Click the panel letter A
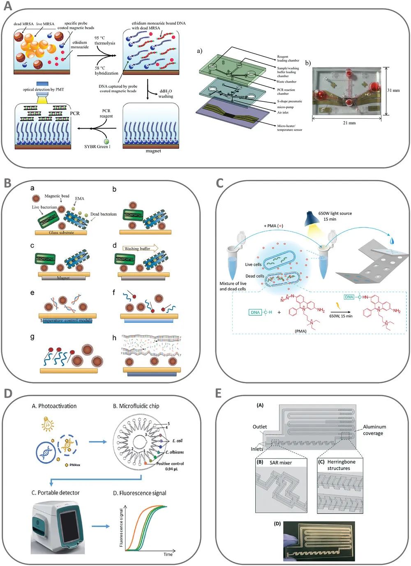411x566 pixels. pyautogui.click(x=7, y=7)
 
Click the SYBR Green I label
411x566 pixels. pyautogui.click(x=97, y=147)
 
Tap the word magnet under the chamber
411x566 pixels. pyautogui.click(x=153, y=151)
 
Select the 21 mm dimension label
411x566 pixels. pyautogui.click(x=349, y=123)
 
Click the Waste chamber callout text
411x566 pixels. pyautogui.click(x=286, y=82)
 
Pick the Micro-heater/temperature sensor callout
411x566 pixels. pyautogui.click(x=289, y=128)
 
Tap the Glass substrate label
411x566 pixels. pyautogui.click(x=62, y=232)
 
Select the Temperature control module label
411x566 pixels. pyautogui.click(x=67, y=320)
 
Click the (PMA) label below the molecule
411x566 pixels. pyautogui.click(x=300, y=331)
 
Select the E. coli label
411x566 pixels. pyautogui.click(x=177, y=441)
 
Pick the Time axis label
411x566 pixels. pyautogui.click(x=168, y=554)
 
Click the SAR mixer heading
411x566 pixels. pyautogui.click(x=281, y=462)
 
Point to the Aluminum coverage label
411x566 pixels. pyautogui.click(x=374, y=430)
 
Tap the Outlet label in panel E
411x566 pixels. pyautogui.click(x=260, y=427)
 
